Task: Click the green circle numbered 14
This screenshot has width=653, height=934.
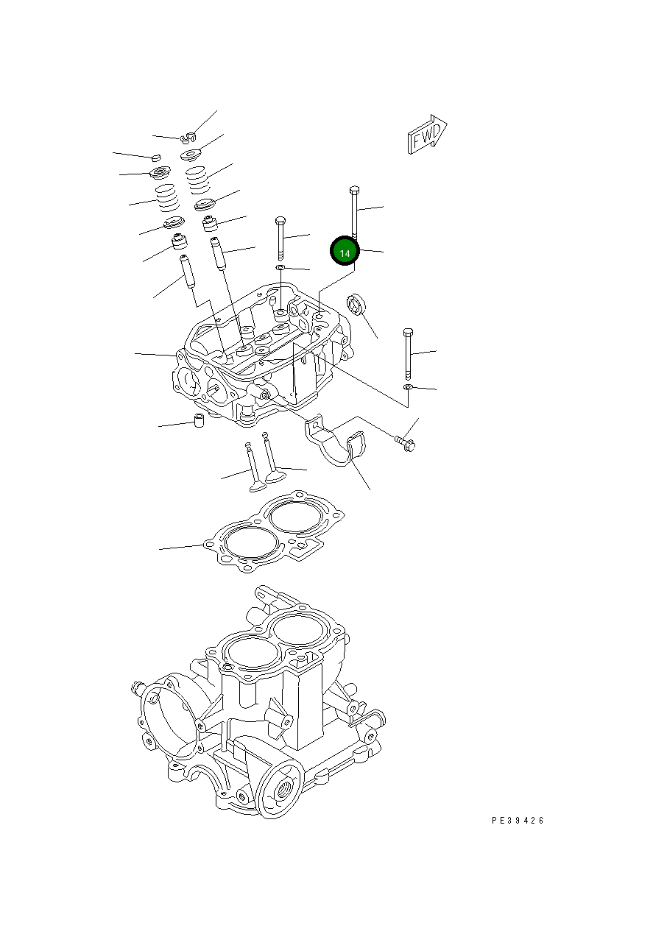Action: click(x=345, y=252)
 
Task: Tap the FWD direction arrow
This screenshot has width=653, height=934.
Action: click(x=427, y=135)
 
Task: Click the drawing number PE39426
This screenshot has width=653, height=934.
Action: click(x=518, y=821)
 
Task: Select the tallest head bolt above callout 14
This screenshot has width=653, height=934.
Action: click(x=354, y=210)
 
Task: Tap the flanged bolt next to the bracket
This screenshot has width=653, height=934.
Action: click(x=406, y=443)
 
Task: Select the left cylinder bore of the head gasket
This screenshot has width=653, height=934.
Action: click(x=250, y=544)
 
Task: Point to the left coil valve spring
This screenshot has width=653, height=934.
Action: click(x=167, y=197)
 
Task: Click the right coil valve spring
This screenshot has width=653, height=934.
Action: click(x=197, y=180)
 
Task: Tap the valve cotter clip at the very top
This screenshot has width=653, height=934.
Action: click(x=188, y=135)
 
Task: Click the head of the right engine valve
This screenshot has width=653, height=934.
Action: click(x=275, y=476)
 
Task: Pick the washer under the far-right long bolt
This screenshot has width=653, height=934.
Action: click(x=408, y=386)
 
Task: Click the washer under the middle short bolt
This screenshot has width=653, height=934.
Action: click(x=280, y=267)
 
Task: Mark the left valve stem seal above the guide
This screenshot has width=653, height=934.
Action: click(x=179, y=241)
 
